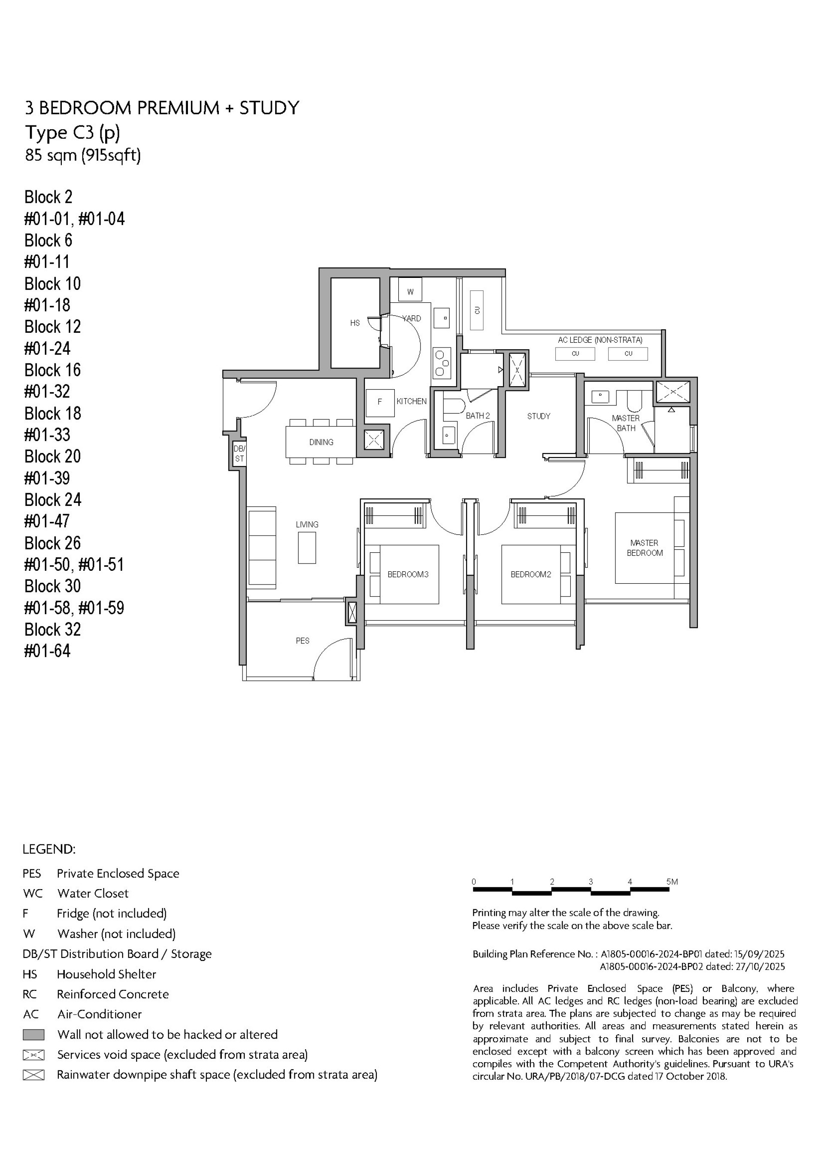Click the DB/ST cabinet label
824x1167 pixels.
(x=239, y=454)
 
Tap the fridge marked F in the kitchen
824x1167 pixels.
(x=379, y=402)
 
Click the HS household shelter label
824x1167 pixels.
(x=354, y=323)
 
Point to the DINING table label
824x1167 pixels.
(x=321, y=442)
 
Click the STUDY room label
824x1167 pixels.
(x=539, y=416)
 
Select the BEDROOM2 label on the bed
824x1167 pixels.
(x=530, y=574)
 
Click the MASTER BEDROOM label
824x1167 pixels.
(x=644, y=548)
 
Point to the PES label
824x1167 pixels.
(x=302, y=641)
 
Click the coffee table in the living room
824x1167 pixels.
(x=307, y=548)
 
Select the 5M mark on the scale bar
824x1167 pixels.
(x=672, y=882)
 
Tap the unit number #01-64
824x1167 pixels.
(x=47, y=651)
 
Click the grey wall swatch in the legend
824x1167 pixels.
(x=33, y=1034)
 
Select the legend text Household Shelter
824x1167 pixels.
(x=106, y=974)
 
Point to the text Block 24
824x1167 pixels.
(x=52, y=500)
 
